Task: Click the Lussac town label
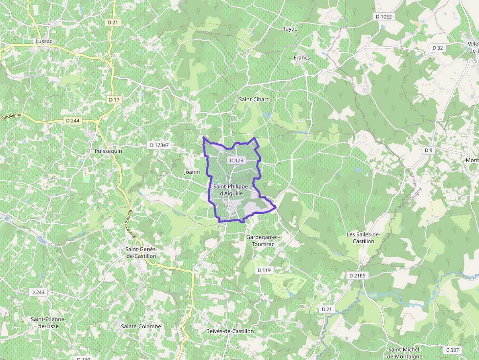pos(44,42)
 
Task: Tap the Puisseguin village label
pos(109,151)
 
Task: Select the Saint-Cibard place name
pos(254,99)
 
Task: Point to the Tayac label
pos(290,29)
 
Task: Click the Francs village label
pos(302,58)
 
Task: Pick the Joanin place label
pos(192,172)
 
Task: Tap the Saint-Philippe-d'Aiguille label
pos(232,190)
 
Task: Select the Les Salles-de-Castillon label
pos(364,238)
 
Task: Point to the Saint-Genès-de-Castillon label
pos(141,253)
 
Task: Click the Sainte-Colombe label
pos(141,326)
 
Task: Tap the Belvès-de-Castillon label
pos(230,331)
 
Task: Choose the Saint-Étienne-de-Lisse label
pos(48,322)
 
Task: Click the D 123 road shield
pos(236,160)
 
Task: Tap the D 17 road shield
pos(114,100)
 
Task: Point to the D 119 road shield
pos(264,270)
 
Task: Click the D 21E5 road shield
pos(357,275)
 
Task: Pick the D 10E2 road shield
pos(384,17)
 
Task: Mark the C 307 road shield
pos(453,350)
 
